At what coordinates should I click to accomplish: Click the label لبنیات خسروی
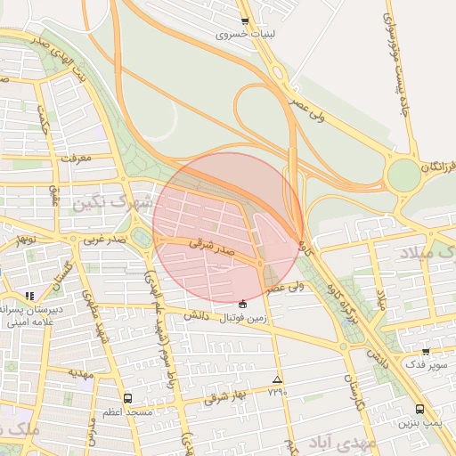[x=244, y=37]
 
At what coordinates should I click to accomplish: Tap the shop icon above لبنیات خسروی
[x=245, y=21]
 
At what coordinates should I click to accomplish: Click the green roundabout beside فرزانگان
[x=403, y=175]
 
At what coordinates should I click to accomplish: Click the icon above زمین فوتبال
[x=243, y=304]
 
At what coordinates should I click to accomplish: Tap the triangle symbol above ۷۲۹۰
[x=277, y=379]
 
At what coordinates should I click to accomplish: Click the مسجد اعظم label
[x=127, y=412]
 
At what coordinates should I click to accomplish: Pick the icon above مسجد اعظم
[x=127, y=398]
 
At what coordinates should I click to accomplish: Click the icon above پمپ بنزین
[x=419, y=409]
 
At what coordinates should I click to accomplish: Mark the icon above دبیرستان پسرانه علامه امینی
[x=29, y=295]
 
